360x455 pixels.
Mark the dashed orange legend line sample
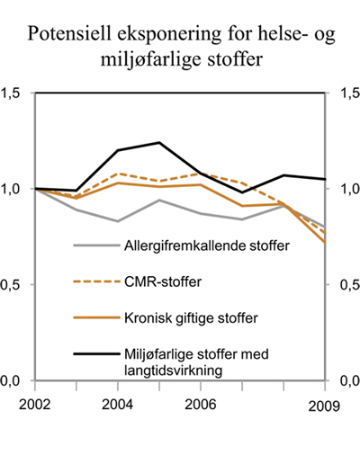coord(94,282)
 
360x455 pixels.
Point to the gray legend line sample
coord(94,246)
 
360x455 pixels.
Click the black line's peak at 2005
coord(159,142)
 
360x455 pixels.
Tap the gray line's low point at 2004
coord(118,221)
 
